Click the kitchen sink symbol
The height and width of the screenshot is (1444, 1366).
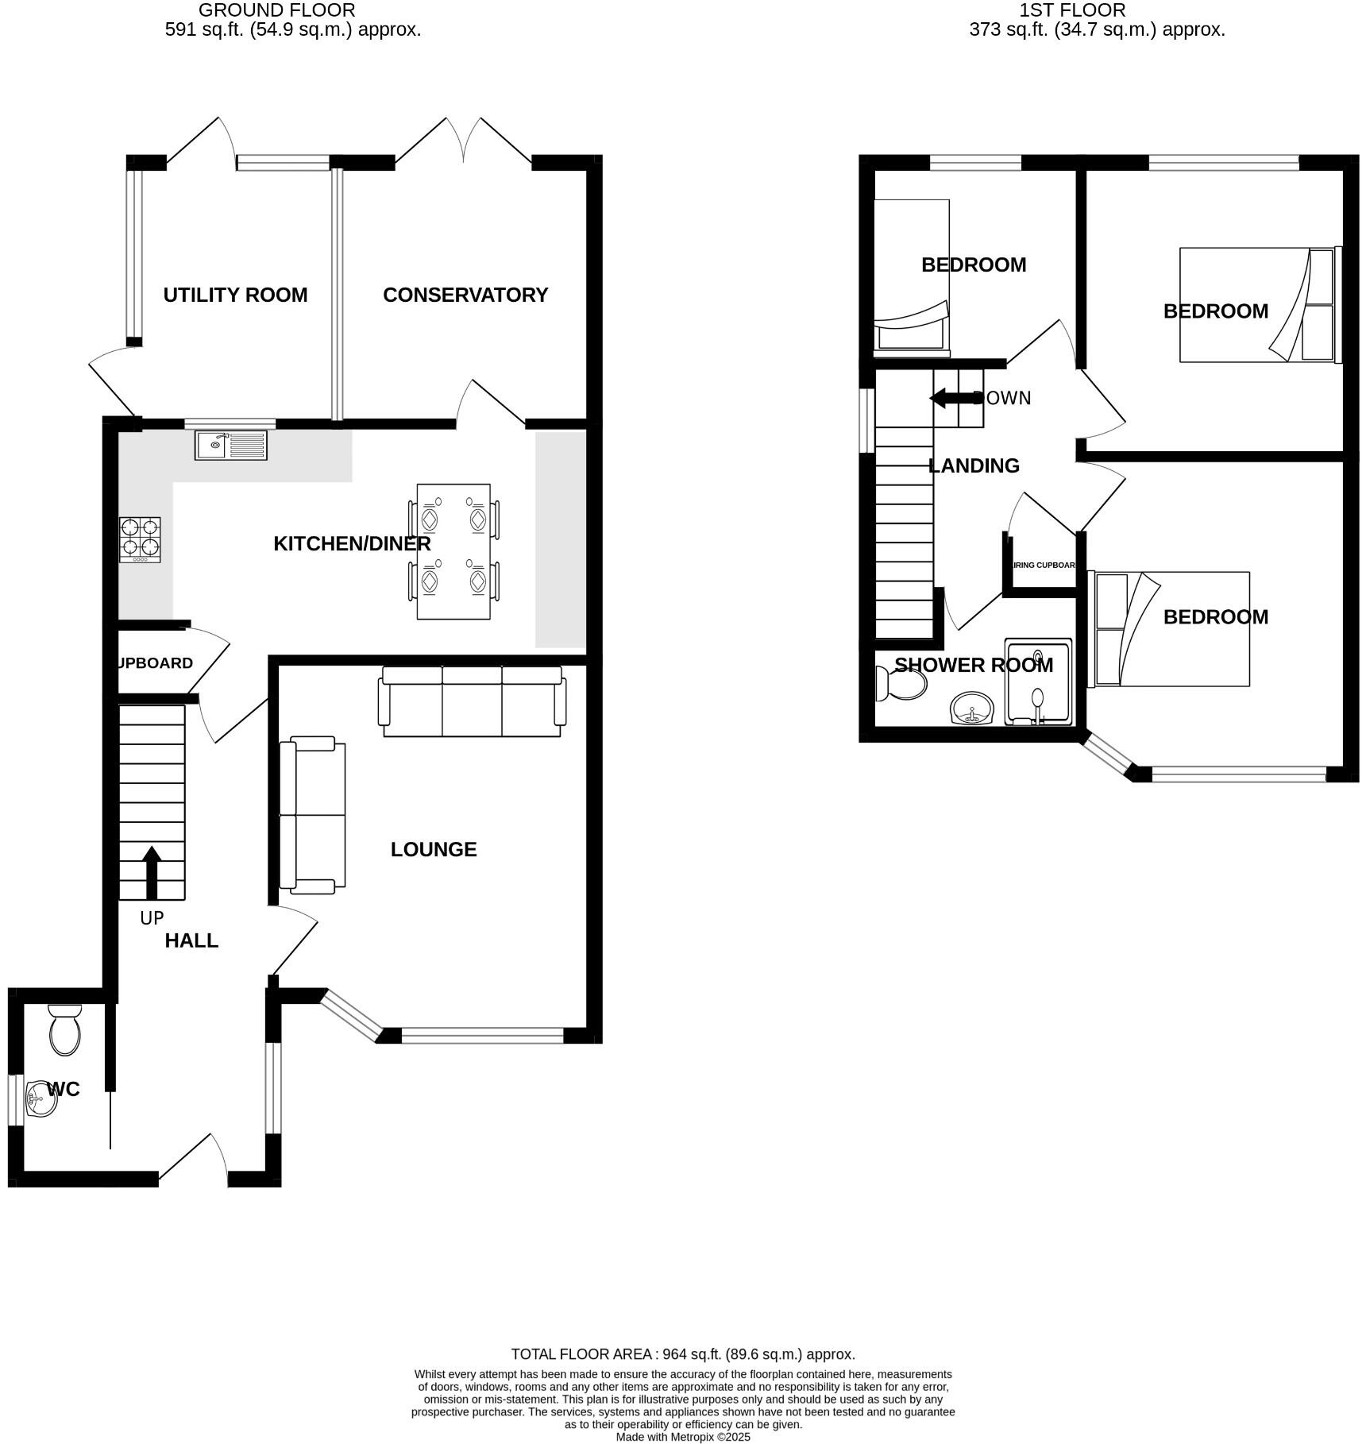point(231,445)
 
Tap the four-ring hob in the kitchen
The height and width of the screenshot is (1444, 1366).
point(140,540)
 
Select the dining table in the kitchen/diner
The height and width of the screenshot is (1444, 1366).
point(453,551)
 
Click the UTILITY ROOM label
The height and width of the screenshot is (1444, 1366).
point(235,295)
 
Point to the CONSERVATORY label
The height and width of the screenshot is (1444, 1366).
point(465,295)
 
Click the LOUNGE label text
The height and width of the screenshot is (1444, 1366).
point(434,849)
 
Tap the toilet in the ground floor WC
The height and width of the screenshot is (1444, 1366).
point(64,1030)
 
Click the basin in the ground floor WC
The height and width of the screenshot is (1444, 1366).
point(39,1099)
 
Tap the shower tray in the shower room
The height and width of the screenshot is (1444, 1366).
point(1038,681)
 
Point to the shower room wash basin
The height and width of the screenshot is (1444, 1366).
point(973,708)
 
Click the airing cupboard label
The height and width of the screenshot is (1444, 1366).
point(1043,566)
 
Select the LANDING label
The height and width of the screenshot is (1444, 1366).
point(974,465)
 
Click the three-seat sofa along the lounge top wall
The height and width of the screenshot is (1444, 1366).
point(472,701)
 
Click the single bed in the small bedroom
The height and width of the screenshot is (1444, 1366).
point(912,274)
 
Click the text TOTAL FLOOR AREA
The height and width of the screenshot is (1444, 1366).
point(581,1354)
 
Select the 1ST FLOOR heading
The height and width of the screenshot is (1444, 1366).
point(1072,10)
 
